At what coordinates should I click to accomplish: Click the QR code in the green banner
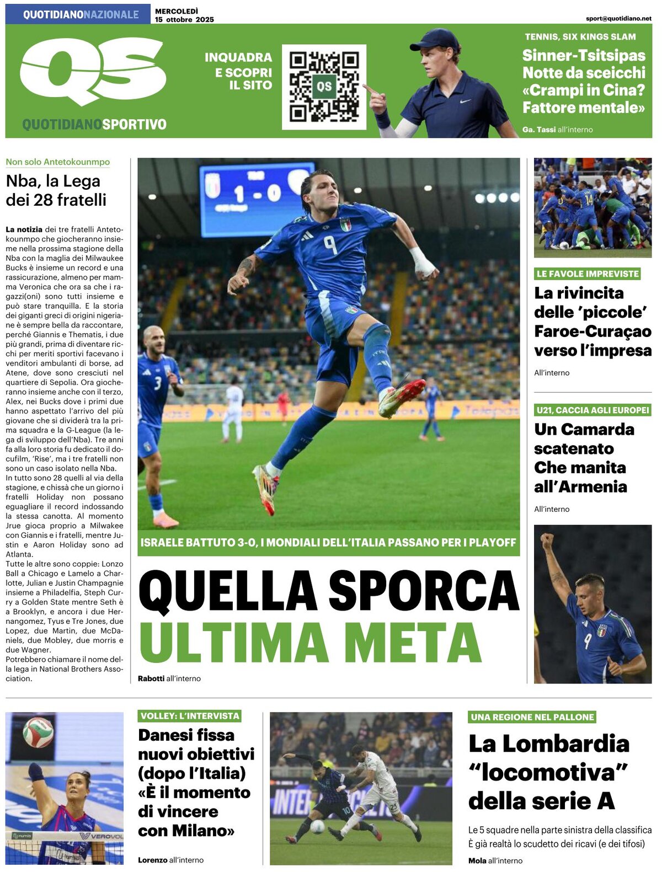coord(324,87)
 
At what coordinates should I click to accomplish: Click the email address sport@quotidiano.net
coord(618,18)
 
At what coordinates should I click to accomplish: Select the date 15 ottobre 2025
coord(184,19)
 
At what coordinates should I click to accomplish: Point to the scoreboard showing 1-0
coord(257,191)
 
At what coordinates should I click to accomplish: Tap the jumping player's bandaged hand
coord(424,264)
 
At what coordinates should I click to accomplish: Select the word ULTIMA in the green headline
coord(234,643)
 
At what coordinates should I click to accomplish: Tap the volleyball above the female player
coord(38,732)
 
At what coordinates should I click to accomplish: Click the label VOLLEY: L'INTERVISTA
coord(190,716)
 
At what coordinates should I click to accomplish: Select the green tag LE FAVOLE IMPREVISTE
coord(588,274)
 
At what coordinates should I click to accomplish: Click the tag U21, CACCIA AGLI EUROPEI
coord(592,410)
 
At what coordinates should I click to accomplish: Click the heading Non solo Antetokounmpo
coord(58,162)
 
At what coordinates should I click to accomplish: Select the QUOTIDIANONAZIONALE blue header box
coord(78,14)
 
